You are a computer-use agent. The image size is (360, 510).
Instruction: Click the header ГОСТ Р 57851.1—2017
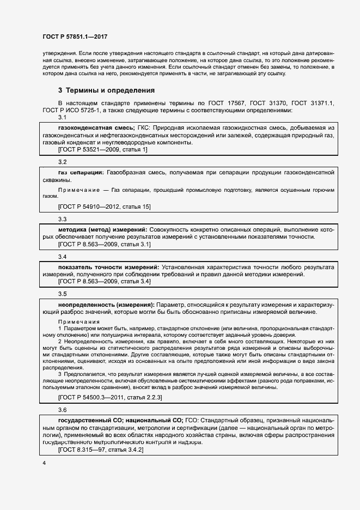coord(74,37)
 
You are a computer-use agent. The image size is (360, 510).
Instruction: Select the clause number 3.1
coord(62,118)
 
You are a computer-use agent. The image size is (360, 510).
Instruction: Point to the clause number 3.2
coord(62,162)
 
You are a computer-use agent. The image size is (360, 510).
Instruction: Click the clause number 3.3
coord(62,219)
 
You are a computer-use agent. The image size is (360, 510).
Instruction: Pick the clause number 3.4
coord(62,256)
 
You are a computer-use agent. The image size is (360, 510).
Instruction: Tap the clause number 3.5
coord(62,294)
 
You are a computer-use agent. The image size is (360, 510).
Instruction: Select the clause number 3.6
coord(62,409)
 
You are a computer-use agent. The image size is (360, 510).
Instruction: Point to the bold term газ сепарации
coord(81,172)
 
